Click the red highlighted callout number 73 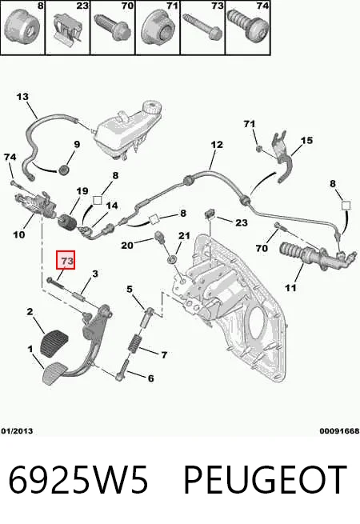coord(66,260)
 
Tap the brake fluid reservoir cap coord(152,108)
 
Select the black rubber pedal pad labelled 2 coord(54,342)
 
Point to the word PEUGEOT coord(266,480)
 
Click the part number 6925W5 coord(78,480)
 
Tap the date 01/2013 coord(17,431)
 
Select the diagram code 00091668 coord(339,431)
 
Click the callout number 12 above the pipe coord(217,145)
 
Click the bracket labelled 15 coord(282,156)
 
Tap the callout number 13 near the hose coord(22,97)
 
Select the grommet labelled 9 coord(63,170)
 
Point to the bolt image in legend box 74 coord(248,27)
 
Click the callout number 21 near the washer coord(184,236)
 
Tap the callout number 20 coord(127,246)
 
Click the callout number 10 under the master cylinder coord(19,234)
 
